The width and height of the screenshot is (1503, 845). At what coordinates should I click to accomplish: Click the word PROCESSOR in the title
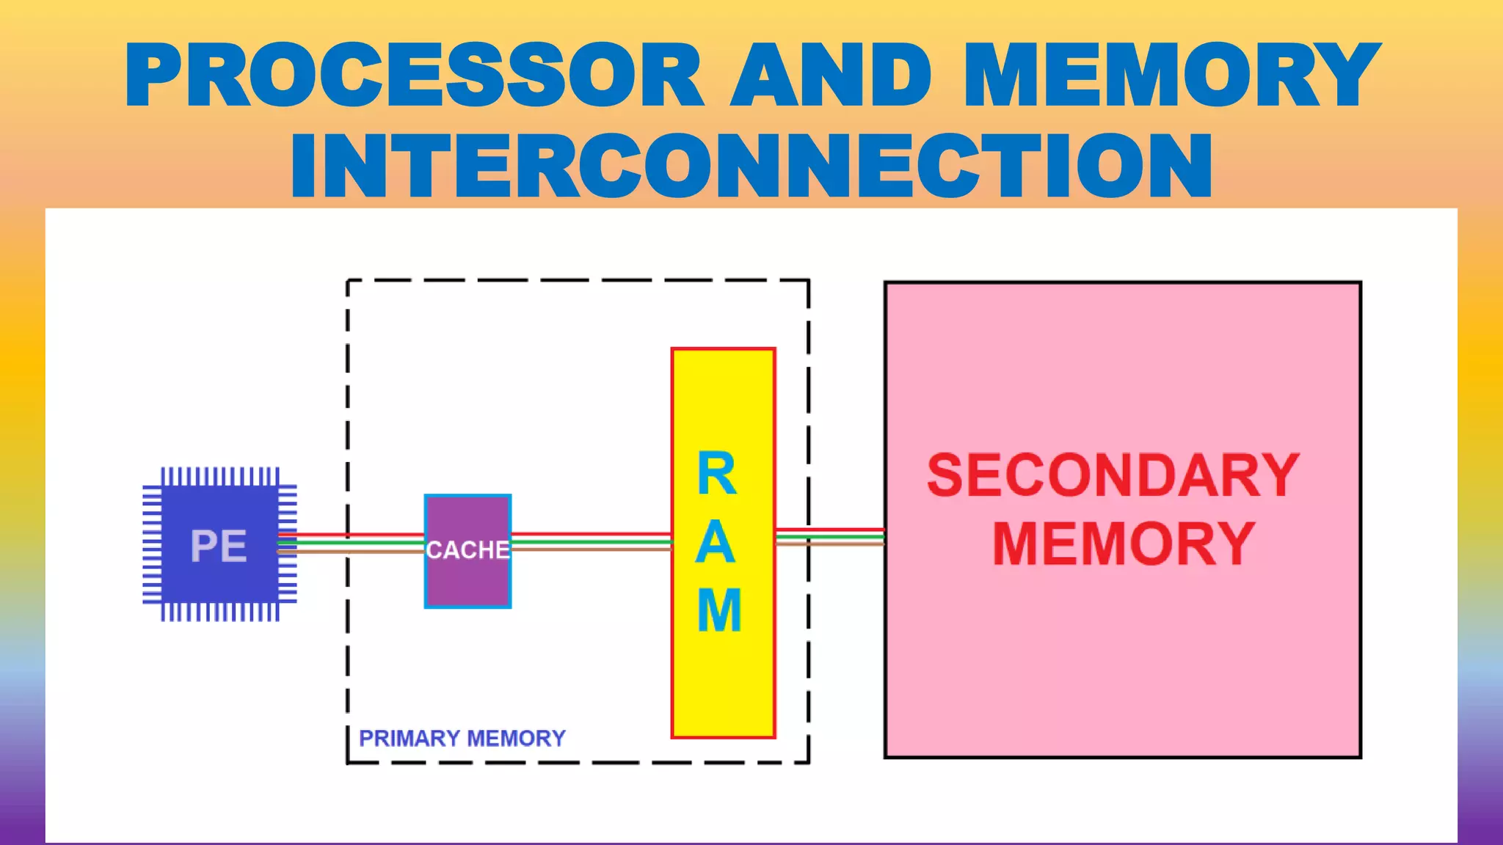coord(415,76)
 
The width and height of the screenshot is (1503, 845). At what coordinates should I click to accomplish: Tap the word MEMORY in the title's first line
coord(1172,76)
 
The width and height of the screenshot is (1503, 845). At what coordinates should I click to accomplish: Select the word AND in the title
coord(831,76)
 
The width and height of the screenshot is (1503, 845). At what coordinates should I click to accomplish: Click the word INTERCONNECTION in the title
coord(751,167)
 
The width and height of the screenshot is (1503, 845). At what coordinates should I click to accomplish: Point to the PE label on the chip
coord(219,546)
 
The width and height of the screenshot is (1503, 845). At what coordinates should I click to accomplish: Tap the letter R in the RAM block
coord(717,475)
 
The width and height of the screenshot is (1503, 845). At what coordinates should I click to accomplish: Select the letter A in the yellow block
coord(716,543)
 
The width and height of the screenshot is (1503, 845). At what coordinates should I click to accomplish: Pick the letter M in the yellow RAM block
coord(719,610)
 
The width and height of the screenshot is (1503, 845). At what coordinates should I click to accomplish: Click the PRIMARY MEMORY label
coord(462,738)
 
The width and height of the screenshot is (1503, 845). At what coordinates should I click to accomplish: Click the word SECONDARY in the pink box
coord(1113,476)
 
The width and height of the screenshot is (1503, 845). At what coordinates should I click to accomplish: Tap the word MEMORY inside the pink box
coord(1123,544)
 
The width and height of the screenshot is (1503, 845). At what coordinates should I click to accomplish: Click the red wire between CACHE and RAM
coord(591,534)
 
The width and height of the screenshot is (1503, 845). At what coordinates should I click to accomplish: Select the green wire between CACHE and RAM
coord(591,541)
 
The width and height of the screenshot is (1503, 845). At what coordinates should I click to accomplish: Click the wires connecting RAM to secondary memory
coord(829,536)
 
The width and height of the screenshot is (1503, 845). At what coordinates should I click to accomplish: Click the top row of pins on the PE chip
coord(220,476)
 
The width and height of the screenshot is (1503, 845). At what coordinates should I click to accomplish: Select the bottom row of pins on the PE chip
coord(220,612)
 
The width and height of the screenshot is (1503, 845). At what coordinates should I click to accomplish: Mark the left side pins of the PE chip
coord(152,544)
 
